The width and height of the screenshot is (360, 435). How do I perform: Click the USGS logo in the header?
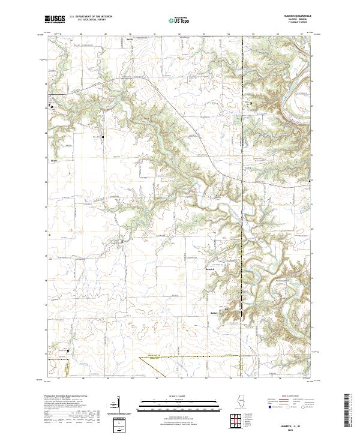click(55, 19)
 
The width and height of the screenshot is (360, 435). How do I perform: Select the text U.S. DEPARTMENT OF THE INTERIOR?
click(91, 16)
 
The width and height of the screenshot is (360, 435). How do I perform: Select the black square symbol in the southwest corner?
click(68, 351)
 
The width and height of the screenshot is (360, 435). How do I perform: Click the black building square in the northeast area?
click(251, 104)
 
